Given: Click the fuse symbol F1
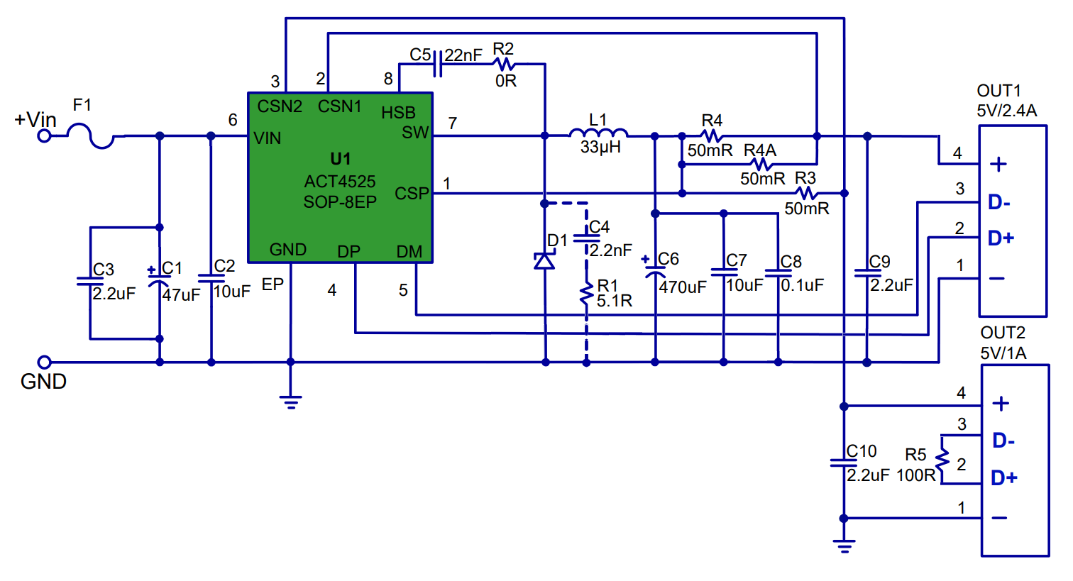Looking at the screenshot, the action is (x=91, y=136).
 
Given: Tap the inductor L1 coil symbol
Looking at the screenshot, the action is (x=598, y=133).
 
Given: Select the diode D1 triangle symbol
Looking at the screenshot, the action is (x=544, y=261).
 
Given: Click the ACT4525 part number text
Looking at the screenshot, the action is (x=340, y=182).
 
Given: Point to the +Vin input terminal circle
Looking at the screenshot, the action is (x=44, y=136).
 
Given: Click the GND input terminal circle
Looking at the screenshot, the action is (x=44, y=362).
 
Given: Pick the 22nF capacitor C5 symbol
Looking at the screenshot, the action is (x=437, y=64).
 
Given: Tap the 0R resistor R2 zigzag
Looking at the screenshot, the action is (x=503, y=64).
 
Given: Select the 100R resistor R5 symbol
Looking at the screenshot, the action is (x=942, y=460).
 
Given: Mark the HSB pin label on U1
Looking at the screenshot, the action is (x=398, y=113).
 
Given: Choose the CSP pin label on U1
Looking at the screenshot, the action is (x=412, y=194).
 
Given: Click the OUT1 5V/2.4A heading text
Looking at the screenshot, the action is (x=1006, y=101).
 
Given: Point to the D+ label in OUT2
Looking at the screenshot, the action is (x=1003, y=478).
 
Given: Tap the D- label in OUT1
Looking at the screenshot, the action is (x=999, y=203).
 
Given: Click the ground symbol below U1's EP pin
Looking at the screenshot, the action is (x=291, y=402).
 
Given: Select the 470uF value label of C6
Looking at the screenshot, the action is (x=683, y=287).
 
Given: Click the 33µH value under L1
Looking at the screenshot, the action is (x=600, y=147).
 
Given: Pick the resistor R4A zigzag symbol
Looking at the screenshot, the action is (x=761, y=165).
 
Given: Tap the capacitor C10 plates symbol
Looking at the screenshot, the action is (x=844, y=463).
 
